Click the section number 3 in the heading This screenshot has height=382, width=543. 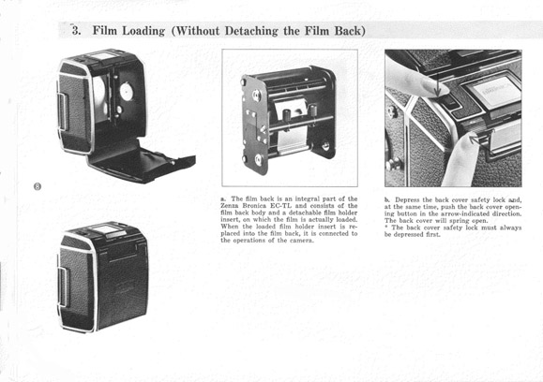[x=76, y=30]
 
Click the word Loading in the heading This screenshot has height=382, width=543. [x=143, y=31]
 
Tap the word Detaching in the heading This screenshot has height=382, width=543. [x=251, y=31]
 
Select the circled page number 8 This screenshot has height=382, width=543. [x=38, y=186]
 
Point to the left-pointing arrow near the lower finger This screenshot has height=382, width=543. [x=479, y=140]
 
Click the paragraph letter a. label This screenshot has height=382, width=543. [x=223, y=198]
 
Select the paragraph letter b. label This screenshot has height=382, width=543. [x=387, y=199]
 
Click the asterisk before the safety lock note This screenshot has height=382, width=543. [x=386, y=227]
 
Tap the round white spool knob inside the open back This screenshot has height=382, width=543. [x=127, y=92]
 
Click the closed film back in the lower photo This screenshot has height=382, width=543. [x=103, y=277]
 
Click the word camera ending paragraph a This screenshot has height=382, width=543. [x=301, y=241]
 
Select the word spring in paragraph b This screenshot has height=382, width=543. [x=459, y=221]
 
